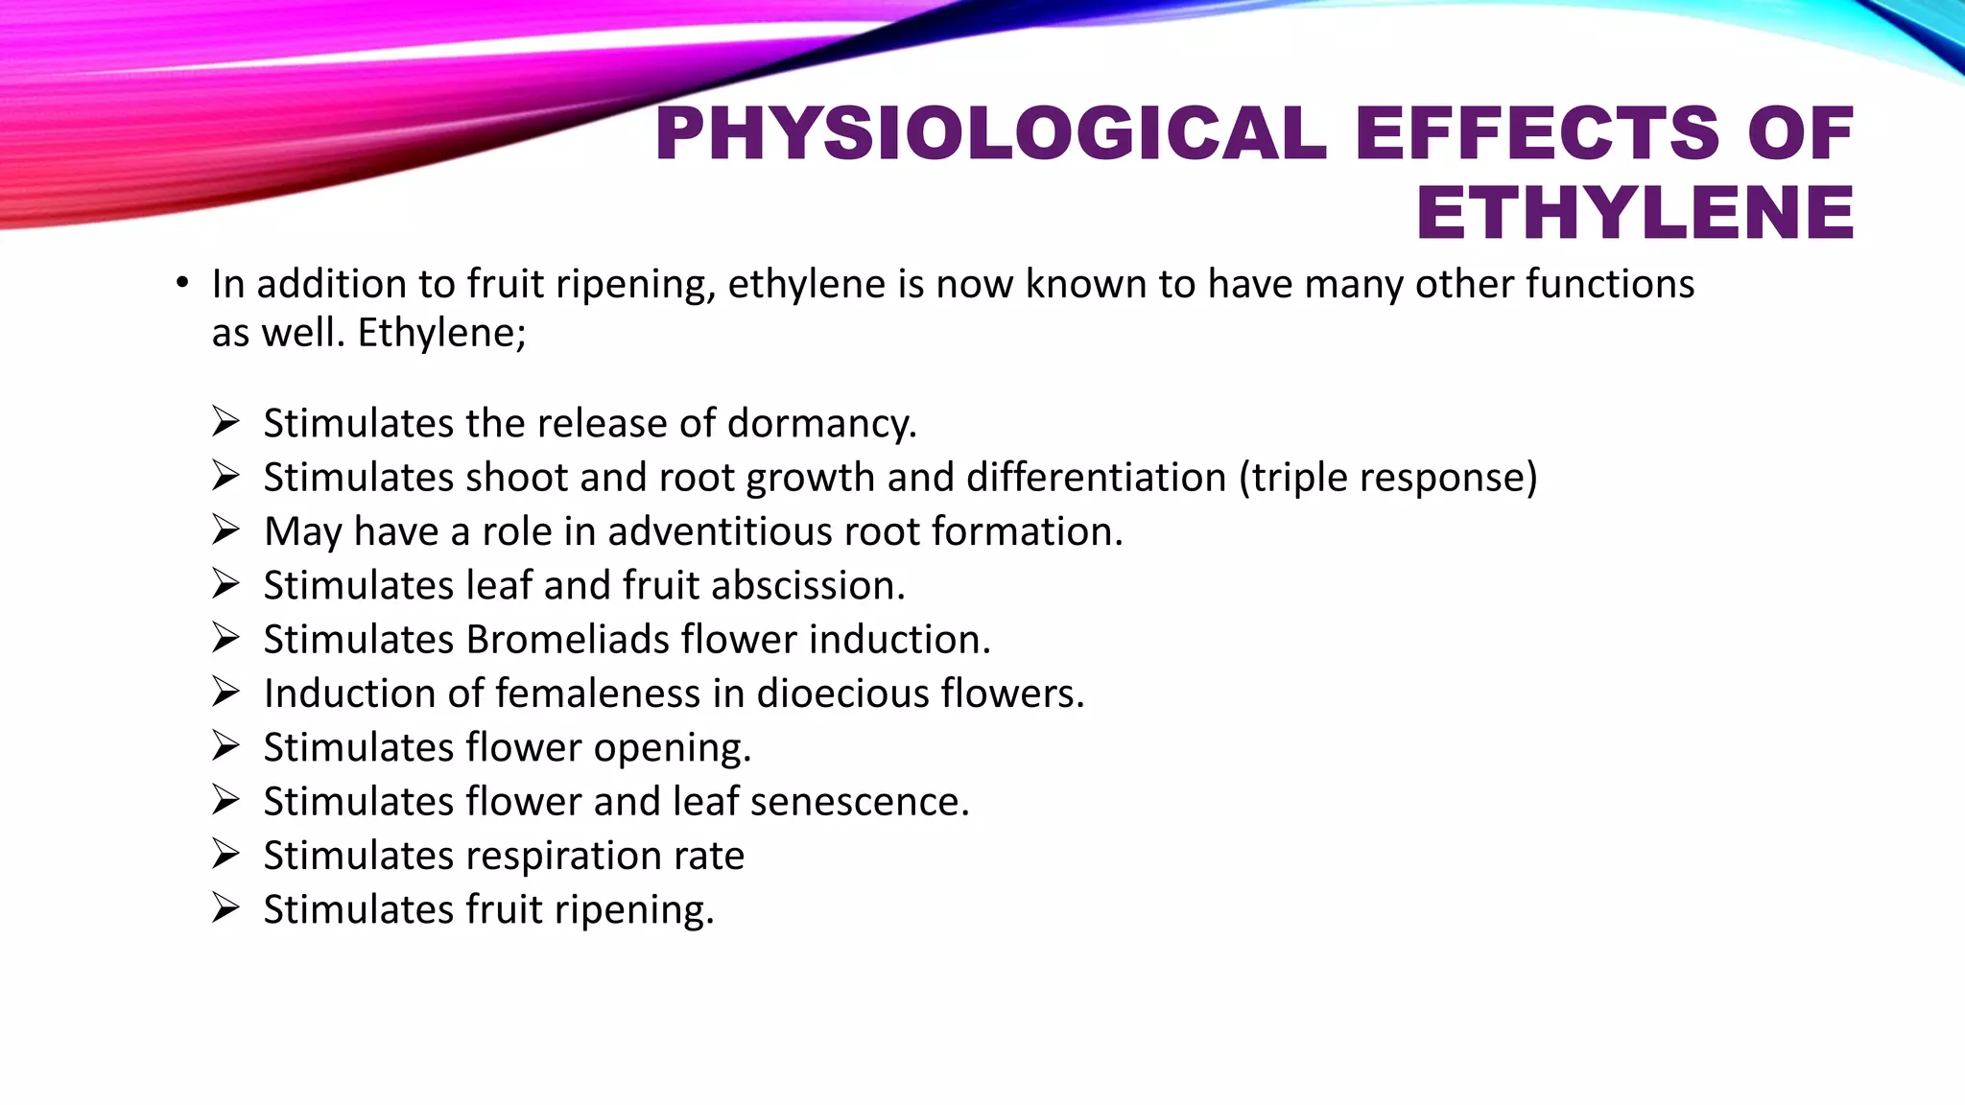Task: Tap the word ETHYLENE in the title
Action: (1635, 213)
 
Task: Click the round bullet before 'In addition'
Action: (182, 284)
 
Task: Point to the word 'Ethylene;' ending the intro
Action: (441, 334)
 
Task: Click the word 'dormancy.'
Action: (822, 424)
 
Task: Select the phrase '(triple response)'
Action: (1388, 478)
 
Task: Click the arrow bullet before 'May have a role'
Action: (225, 529)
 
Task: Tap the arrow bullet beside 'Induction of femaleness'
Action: (225, 692)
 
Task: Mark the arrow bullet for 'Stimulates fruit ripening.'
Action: (225, 907)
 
